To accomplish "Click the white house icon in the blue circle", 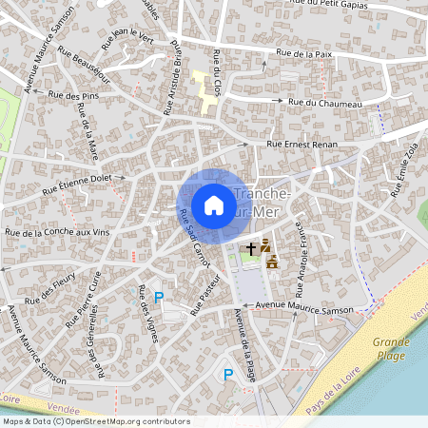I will pos(214,205).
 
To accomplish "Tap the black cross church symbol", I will pos(251,248).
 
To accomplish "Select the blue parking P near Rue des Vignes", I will pos(159,298).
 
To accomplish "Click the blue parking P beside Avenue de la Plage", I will pos(227,375).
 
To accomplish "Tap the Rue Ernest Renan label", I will pos(304,144).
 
